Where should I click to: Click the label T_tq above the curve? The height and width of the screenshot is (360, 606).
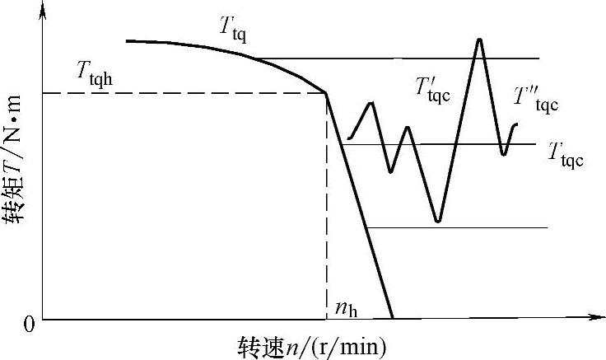click(233, 30)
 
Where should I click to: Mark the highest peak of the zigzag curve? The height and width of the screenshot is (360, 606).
click(478, 40)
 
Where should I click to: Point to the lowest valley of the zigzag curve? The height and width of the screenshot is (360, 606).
click(438, 222)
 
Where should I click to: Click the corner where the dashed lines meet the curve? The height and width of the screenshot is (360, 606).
click(327, 92)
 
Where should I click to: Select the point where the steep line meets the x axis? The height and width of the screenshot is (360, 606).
click(392, 318)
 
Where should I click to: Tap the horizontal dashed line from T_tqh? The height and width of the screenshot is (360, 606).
click(181, 92)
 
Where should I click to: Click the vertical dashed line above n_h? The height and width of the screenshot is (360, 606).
click(327, 206)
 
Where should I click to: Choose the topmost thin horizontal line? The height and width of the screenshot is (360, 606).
click(412, 58)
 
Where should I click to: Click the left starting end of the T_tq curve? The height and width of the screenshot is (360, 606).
click(128, 40)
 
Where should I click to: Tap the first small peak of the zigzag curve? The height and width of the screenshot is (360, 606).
click(373, 103)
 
